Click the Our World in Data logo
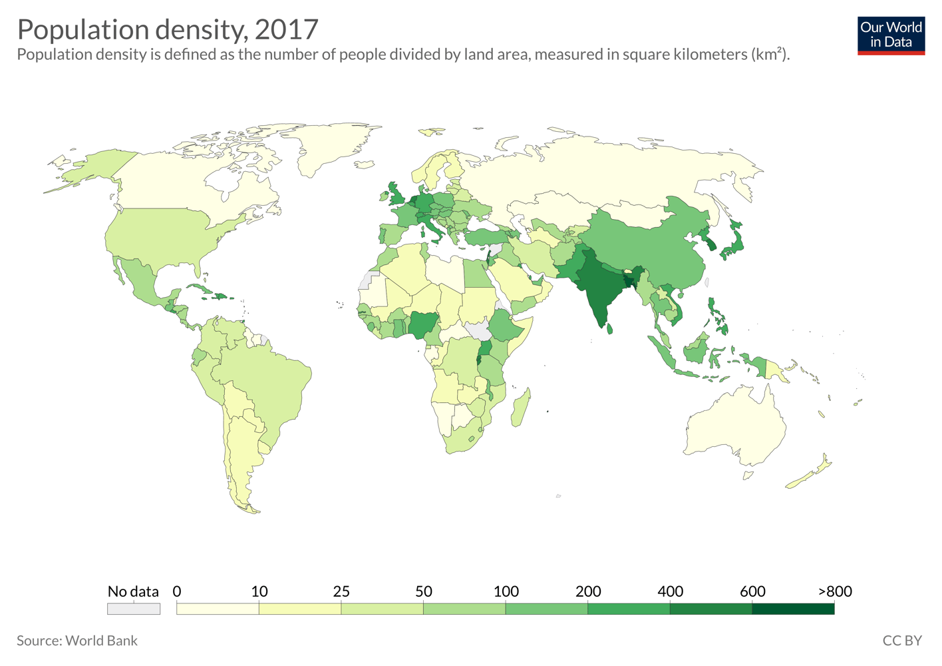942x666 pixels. [891, 35]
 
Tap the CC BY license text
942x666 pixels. [901, 641]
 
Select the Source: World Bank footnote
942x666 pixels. [77, 641]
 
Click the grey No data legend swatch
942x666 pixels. [134, 609]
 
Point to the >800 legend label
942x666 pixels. [834, 591]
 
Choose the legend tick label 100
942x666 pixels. [506, 591]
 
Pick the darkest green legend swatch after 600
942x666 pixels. [793, 609]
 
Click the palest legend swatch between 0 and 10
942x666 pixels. [218, 609]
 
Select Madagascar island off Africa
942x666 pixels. [521, 408]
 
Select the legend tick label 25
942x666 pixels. [341, 591]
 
